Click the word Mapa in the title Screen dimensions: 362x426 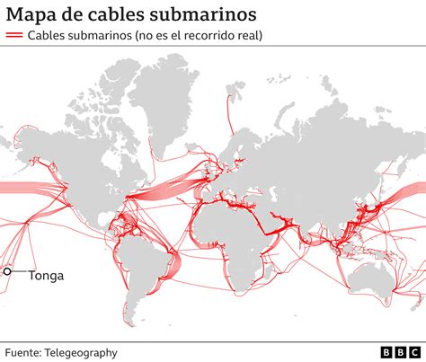click(33, 14)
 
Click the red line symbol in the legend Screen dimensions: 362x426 click(14, 36)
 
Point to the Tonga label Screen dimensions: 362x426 click(47, 276)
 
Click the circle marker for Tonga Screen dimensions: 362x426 click(8, 271)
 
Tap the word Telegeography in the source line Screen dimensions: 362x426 click(84, 353)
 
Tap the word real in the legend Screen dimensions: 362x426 click(257, 36)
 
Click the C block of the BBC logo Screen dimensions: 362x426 click(412, 352)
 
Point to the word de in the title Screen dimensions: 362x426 click(73, 14)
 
